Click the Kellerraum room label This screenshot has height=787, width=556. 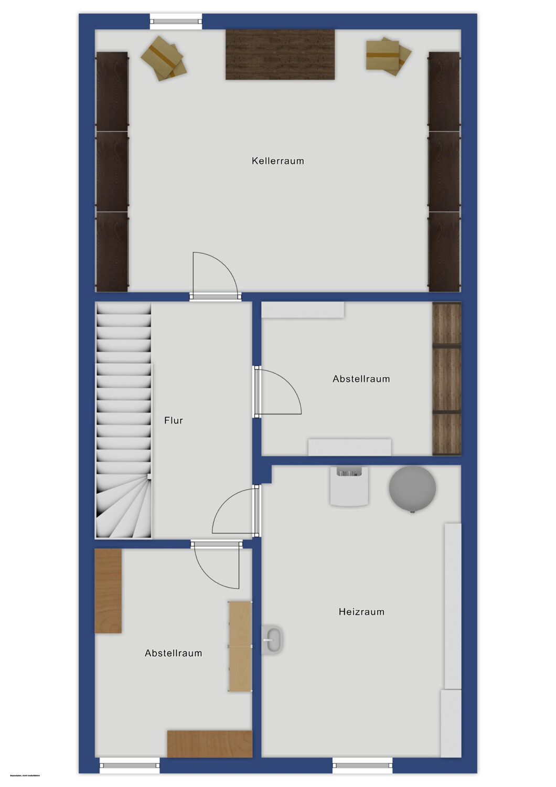pyautogui.click(x=277, y=161)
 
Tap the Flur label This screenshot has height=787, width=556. pyautogui.click(x=173, y=420)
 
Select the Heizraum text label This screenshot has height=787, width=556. pyautogui.click(x=361, y=612)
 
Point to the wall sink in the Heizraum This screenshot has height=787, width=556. pyautogui.click(x=272, y=640)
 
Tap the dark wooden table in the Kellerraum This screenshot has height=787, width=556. pyautogui.click(x=280, y=55)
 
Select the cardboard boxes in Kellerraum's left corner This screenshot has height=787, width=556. pyautogui.click(x=164, y=58)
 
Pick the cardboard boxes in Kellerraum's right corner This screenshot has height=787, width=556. pyautogui.click(x=388, y=56)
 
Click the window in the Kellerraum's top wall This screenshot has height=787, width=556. pyautogui.click(x=176, y=22)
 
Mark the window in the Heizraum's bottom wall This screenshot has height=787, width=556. pyautogui.click(x=362, y=765)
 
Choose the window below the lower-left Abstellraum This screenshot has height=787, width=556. pyautogui.click(x=130, y=765)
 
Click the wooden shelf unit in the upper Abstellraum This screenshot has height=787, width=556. pyautogui.click(x=446, y=379)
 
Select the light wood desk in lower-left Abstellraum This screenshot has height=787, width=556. pyautogui.click(x=240, y=646)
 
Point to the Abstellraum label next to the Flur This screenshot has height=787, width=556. pyautogui.click(x=361, y=379)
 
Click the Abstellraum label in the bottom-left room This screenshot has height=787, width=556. pyautogui.click(x=173, y=653)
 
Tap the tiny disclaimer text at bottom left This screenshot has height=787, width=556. pyautogui.click(x=21, y=775)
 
